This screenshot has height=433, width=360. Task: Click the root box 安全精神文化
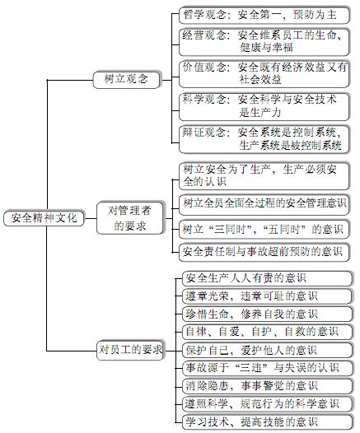[44, 218]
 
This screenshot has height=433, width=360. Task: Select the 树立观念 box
[127, 80]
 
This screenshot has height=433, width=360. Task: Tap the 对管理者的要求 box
[130, 218]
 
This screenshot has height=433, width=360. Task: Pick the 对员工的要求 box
[130, 350]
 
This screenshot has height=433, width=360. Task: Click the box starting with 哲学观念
[264, 15]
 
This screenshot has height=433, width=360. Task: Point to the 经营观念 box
[264, 42]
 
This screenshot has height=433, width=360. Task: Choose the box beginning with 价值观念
[264, 74]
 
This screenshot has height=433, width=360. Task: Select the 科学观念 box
[264, 106]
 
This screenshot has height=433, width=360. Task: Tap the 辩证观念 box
[264, 139]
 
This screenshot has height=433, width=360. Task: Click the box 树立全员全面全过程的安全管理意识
[264, 204]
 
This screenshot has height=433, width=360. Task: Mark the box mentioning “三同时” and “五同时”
[264, 229]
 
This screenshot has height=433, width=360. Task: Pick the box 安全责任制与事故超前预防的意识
[264, 252]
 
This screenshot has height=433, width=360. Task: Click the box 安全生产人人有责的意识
[268, 278]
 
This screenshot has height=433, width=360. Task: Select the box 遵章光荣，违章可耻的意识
[268, 296]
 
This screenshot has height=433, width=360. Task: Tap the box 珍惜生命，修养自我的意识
[268, 314]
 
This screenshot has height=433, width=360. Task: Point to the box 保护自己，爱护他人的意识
[268, 350]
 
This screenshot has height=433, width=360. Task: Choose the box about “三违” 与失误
[268, 368]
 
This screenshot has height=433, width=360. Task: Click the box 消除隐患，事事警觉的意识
[268, 386]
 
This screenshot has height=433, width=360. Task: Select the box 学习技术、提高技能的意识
[268, 422]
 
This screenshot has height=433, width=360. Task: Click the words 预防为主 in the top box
[315, 15]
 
